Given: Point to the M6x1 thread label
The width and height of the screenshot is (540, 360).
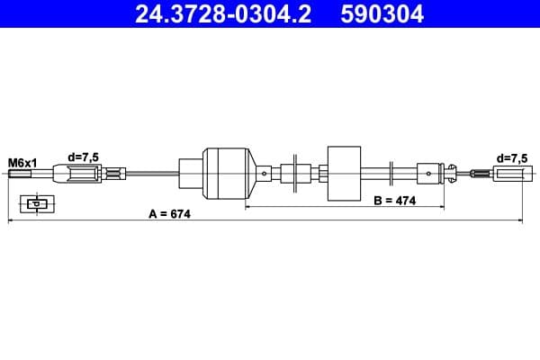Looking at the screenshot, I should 22,163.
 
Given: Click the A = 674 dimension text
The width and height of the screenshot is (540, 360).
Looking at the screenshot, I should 170,214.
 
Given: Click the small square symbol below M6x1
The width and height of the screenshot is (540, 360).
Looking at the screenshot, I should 36,203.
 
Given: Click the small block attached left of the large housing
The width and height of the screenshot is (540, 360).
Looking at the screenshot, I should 191,174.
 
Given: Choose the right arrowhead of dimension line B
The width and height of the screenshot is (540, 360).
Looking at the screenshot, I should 442,207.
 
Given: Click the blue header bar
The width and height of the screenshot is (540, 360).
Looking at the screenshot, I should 270,13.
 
